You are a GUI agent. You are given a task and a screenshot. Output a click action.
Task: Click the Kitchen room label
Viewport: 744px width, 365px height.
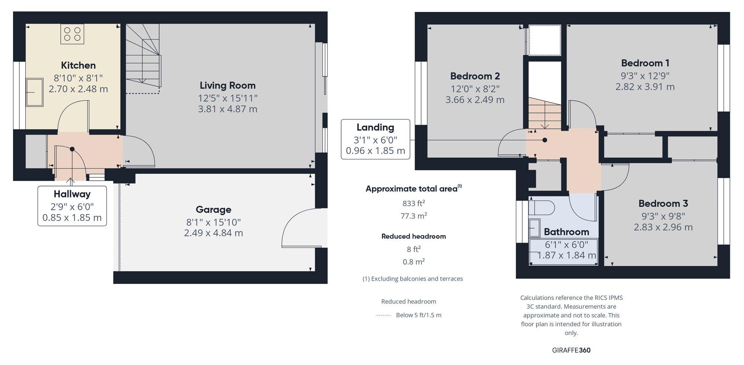[x=78, y=65]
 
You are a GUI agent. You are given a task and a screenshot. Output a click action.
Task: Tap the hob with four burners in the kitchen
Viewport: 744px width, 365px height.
[x=72, y=34]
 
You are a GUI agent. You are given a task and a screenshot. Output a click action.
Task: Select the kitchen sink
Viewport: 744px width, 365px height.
[x=34, y=92]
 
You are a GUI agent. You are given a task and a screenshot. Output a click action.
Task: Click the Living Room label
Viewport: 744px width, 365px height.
[x=228, y=85]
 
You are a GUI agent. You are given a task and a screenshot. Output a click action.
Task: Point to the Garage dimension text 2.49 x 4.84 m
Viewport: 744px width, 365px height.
[x=214, y=233]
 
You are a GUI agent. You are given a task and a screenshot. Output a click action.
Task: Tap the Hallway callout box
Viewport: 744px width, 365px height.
[x=72, y=206]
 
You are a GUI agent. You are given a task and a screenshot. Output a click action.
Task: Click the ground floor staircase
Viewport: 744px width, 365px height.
[x=143, y=58]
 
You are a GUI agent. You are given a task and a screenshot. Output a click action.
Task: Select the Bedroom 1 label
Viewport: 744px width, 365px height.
[x=645, y=63]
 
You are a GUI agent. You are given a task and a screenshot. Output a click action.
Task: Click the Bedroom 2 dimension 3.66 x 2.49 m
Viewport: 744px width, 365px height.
[x=475, y=100]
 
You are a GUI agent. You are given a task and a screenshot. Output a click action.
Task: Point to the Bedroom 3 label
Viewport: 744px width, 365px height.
[x=663, y=203]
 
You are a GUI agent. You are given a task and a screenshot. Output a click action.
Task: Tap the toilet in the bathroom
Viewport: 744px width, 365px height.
[x=541, y=208]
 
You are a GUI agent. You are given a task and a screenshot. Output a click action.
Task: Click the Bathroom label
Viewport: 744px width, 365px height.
[x=567, y=232]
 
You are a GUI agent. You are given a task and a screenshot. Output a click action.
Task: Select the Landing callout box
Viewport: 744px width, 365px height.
[x=375, y=139]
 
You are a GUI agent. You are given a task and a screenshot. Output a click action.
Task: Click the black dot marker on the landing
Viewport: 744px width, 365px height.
[x=545, y=140]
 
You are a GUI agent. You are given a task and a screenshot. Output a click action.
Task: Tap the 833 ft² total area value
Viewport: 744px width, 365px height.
[x=414, y=203]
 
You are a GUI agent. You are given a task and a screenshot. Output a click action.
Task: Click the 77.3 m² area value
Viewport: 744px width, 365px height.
[x=414, y=216]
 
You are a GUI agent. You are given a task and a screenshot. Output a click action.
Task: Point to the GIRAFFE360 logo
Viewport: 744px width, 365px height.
[x=571, y=350]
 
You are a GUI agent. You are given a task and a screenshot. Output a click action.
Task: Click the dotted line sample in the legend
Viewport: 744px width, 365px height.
[x=384, y=316]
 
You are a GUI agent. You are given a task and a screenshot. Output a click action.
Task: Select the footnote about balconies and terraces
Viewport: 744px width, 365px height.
[x=413, y=279]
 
